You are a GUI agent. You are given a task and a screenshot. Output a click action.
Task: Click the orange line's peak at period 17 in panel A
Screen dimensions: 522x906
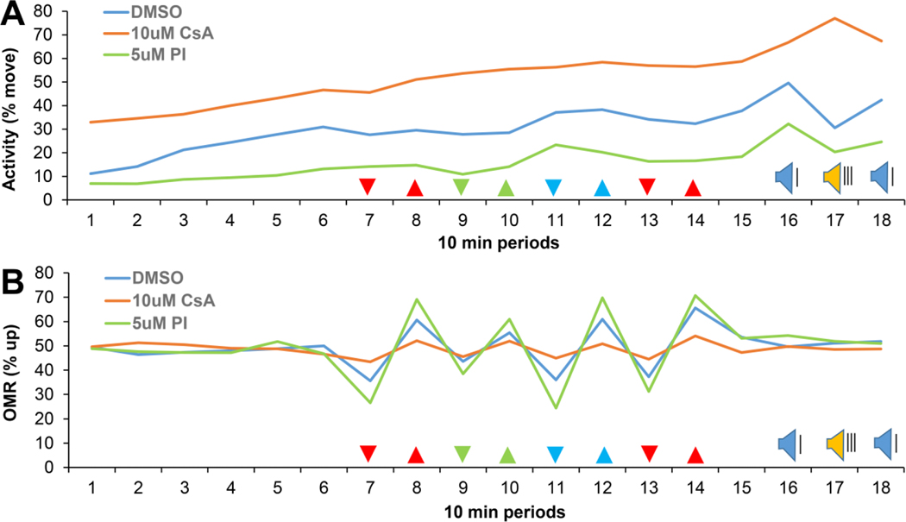point(834,18)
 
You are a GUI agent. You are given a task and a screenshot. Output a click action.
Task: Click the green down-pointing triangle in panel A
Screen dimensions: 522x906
point(461,186)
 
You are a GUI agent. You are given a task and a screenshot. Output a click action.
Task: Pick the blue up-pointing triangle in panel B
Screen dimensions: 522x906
point(602,455)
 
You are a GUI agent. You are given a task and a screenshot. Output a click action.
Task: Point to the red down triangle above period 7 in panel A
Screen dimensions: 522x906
point(368,186)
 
